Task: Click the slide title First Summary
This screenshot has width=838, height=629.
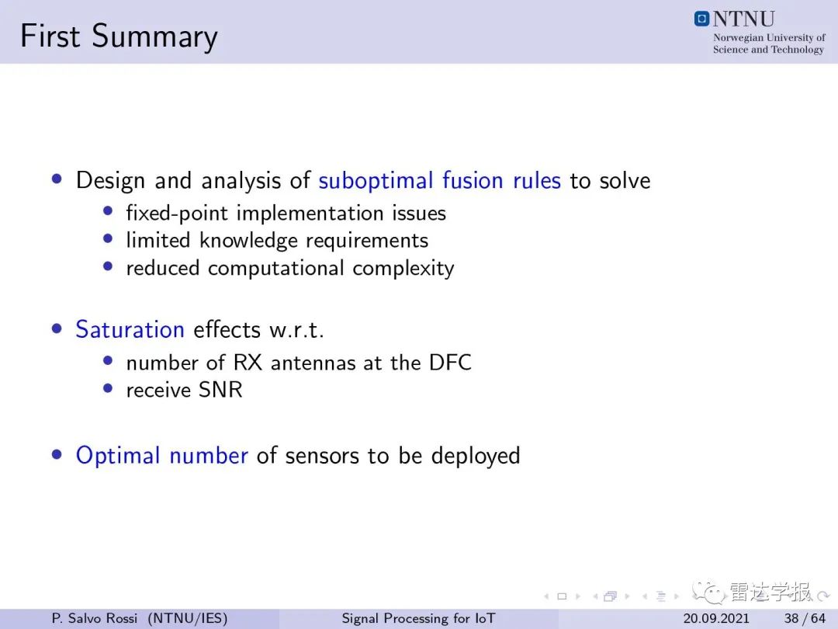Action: pyautogui.click(x=119, y=37)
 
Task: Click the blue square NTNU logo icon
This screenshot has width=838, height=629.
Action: pyautogui.click(x=701, y=19)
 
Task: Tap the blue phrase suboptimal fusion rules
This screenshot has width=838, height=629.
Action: pyautogui.click(x=439, y=181)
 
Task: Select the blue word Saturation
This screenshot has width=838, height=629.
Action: pyautogui.click(x=130, y=329)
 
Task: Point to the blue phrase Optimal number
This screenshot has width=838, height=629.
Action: pyautogui.click(x=162, y=456)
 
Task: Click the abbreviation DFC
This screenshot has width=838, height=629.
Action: pyautogui.click(x=450, y=363)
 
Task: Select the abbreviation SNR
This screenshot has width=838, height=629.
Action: pyautogui.click(x=220, y=390)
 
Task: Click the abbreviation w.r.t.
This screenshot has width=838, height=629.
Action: pyautogui.click(x=296, y=330)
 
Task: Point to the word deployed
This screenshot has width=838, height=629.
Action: pyautogui.click(x=476, y=456)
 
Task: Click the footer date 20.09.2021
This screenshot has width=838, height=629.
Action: pyautogui.click(x=716, y=618)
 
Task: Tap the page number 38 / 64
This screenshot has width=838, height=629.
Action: pyautogui.click(x=805, y=618)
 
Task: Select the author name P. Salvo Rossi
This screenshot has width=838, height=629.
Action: pyautogui.click(x=95, y=618)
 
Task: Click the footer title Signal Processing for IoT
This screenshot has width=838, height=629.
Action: pyautogui.click(x=418, y=618)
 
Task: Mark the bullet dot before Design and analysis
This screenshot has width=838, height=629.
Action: pyautogui.click(x=57, y=179)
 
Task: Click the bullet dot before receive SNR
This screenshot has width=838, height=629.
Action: pyautogui.click(x=108, y=387)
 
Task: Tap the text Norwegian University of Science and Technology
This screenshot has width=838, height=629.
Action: pyautogui.click(x=769, y=43)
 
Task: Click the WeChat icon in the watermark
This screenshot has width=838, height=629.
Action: pyautogui.click(x=708, y=592)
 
